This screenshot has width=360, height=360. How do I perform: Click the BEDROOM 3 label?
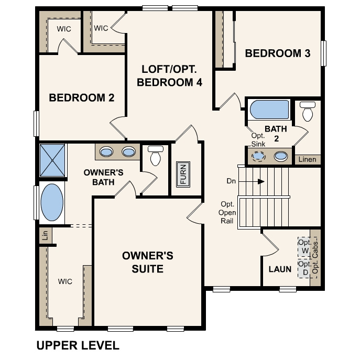(278, 53)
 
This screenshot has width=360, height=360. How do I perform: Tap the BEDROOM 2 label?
(81, 97)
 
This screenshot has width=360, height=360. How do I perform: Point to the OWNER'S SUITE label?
(147, 262)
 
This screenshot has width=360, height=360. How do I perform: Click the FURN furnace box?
(183, 173)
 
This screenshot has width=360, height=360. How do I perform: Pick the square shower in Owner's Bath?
(52, 160)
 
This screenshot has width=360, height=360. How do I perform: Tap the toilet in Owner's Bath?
(156, 156)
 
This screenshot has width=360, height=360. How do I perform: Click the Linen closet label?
(307, 159)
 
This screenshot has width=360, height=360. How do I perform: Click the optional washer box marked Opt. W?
(304, 247)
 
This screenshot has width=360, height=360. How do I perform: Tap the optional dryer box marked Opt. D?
(304, 268)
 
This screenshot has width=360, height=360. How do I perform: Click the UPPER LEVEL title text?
(78, 346)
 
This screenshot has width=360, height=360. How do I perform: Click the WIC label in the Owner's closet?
(65, 282)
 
